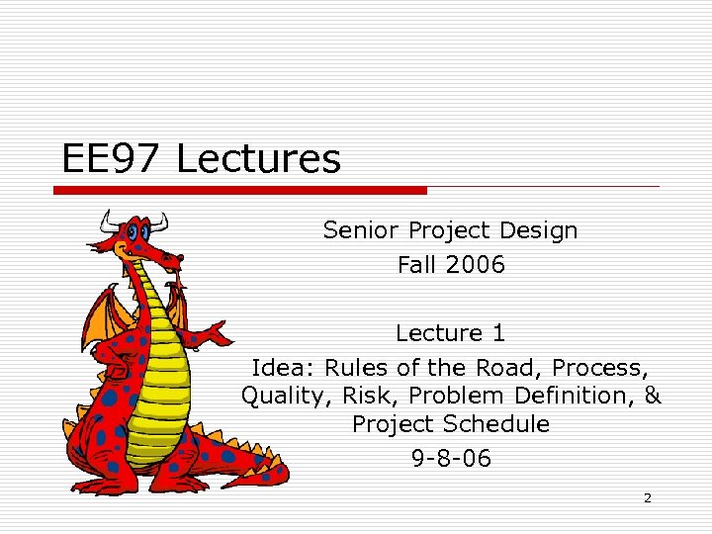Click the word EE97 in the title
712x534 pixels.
coord(112,158)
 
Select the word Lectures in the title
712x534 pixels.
coord(258,158)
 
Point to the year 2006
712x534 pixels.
coord(476,265)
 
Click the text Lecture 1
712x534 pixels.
coord(450,333)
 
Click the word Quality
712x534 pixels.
coord(280,397)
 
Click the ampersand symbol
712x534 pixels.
coord(652,397)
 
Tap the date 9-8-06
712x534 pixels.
coord(450,459)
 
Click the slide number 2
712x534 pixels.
coord(648,498)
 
